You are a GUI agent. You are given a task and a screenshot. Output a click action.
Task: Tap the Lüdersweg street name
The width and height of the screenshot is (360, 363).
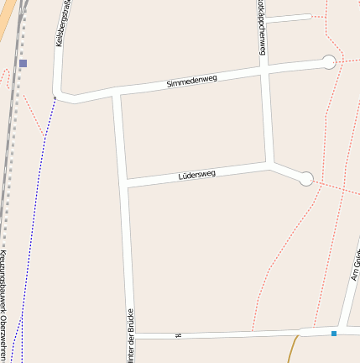pos(197,175)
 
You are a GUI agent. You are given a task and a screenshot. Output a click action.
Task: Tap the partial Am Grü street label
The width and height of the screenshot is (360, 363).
pos(355,265)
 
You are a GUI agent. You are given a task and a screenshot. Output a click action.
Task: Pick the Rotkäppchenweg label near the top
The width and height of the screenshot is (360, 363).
pos(262,29)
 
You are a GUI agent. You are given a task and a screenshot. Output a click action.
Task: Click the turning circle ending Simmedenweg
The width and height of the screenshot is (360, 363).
pos(329,61)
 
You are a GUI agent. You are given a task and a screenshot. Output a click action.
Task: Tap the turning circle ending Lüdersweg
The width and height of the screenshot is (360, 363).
pos(306,178)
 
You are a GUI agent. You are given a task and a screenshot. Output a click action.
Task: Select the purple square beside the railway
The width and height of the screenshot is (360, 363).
pos(23,63)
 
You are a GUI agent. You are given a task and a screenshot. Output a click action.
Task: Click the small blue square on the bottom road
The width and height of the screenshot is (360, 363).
pos(333,334)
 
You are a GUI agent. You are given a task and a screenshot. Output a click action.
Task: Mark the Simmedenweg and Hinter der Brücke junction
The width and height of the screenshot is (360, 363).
pos(117,91)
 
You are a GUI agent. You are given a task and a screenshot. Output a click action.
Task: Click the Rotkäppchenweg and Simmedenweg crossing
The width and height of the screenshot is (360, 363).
pos(264,71)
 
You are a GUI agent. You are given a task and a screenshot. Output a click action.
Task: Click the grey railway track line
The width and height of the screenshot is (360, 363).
pos(7,168)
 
